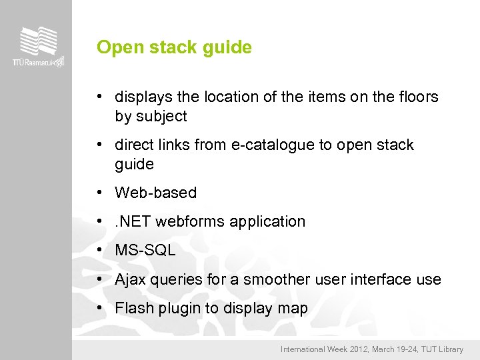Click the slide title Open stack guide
point(174,48)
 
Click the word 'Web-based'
point(156,193)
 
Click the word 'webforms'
point(193,222)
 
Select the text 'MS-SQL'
point(145,251)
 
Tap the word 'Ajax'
point(130,279)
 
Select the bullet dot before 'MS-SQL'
point(99,251)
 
